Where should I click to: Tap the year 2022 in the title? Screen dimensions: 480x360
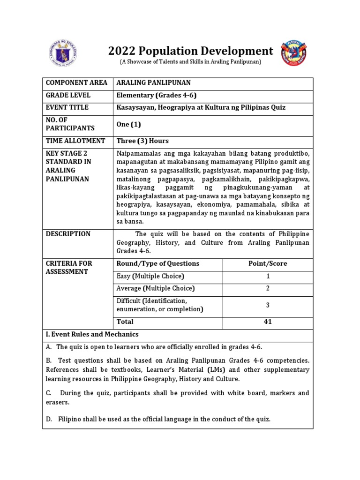click(122, 51)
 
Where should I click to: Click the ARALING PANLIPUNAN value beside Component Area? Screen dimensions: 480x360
click(153, 83)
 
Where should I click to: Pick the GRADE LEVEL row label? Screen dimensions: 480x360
click(68, 95)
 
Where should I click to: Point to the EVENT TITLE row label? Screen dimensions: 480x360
click(68, 107)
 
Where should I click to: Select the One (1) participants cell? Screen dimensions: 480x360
click(128, 124)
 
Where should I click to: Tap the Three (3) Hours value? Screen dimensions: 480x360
click(142, 141)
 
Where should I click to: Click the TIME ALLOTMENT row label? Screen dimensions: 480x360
click(75, 141)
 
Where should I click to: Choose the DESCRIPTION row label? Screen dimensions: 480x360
click(68, 234)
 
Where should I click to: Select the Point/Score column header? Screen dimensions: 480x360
click(268, 263)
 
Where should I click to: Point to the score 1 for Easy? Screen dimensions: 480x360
click(268, 276)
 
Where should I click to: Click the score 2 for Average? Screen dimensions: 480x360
click(268, 288)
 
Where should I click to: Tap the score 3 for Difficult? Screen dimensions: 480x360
click(268, 305)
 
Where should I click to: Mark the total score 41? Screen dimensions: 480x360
click(268, 322)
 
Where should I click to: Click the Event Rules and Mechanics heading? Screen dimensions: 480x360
click(92, 334)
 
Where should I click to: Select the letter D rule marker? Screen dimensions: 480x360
click(49, 419)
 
